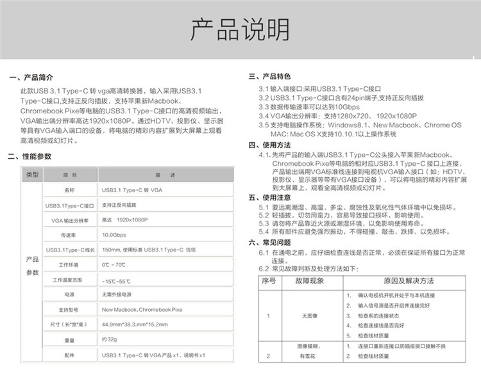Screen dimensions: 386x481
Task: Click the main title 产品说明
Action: [240, 29]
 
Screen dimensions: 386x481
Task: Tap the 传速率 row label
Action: [69, 235]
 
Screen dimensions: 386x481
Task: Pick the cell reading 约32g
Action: [109, 339]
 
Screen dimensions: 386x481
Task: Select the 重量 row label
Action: [69, 339]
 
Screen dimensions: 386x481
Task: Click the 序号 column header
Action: [269, 281]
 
